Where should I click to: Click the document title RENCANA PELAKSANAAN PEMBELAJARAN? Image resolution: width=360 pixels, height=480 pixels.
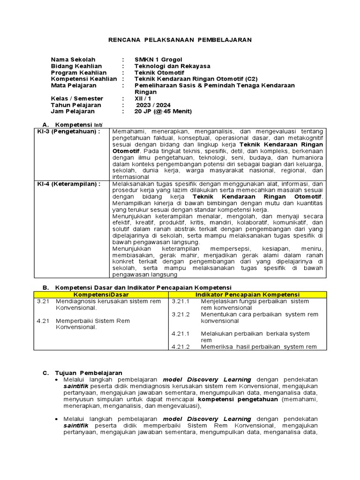180,40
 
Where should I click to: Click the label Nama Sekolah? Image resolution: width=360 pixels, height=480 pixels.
73,60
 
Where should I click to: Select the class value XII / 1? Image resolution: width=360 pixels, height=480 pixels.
143,99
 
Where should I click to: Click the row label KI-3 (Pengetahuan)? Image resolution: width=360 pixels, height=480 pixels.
69,132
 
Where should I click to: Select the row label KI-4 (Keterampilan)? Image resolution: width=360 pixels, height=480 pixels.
69,184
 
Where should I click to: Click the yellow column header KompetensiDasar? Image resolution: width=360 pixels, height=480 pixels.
101,294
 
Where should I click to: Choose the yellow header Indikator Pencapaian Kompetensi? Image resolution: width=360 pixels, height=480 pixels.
247,294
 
